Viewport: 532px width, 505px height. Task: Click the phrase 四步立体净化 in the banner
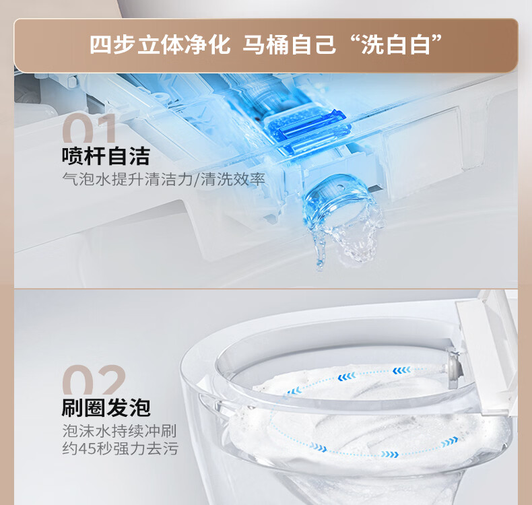(x=160, y=44)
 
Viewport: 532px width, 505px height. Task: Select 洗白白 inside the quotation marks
(x=396, y=44)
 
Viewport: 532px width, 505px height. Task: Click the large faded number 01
(x=90, y=128)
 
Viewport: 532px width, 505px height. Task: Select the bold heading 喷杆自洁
(x=106, y=156)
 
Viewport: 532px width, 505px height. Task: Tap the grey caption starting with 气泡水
(x=164, y=179)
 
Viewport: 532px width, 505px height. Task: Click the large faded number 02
(x=94, y=380)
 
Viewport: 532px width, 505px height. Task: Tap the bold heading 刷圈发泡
(x=106, y=407)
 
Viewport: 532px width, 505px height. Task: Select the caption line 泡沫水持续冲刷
(x=119, y=431)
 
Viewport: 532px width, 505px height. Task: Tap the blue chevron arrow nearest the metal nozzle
(x=401, y=370)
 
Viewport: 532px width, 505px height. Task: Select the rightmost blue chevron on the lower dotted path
(x=449, y=442)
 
